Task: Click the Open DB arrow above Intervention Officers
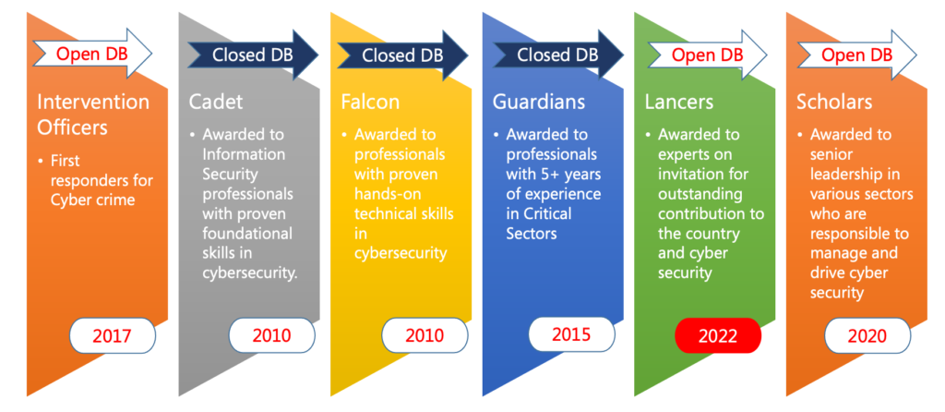point(92,54)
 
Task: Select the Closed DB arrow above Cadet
point(253,55)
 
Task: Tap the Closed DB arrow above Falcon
point(402,55)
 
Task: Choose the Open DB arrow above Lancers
point(708,55)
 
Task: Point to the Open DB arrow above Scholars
point(857,55)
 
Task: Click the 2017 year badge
point(113,335)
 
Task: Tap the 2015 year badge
point(572,333)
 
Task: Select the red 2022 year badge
point(718,335)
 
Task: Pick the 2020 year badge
point(867,335)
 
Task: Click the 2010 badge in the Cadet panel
point(272,335)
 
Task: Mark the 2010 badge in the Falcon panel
point(425,335)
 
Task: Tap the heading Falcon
point(369,102)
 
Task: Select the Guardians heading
point(539,102)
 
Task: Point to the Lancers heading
point(678,102)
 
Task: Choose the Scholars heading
point(834,102)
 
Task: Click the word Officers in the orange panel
point(72,127)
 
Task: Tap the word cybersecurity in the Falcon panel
point(401,253)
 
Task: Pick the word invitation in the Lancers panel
point(702,174)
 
